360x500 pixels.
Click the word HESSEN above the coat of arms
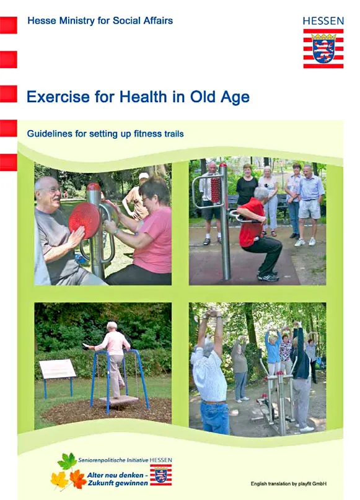(323, 21)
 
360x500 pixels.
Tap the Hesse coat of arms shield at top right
(323, 51)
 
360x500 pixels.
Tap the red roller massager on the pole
(216, 190)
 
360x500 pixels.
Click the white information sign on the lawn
(58, 369)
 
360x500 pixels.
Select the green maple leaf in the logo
(68, 461)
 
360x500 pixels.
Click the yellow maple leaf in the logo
(59, 480)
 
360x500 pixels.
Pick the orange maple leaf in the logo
(78, 479)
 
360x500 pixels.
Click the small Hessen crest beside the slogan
(161, 475)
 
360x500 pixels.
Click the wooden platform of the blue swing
(118, 400)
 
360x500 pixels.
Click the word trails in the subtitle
(174, 134)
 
